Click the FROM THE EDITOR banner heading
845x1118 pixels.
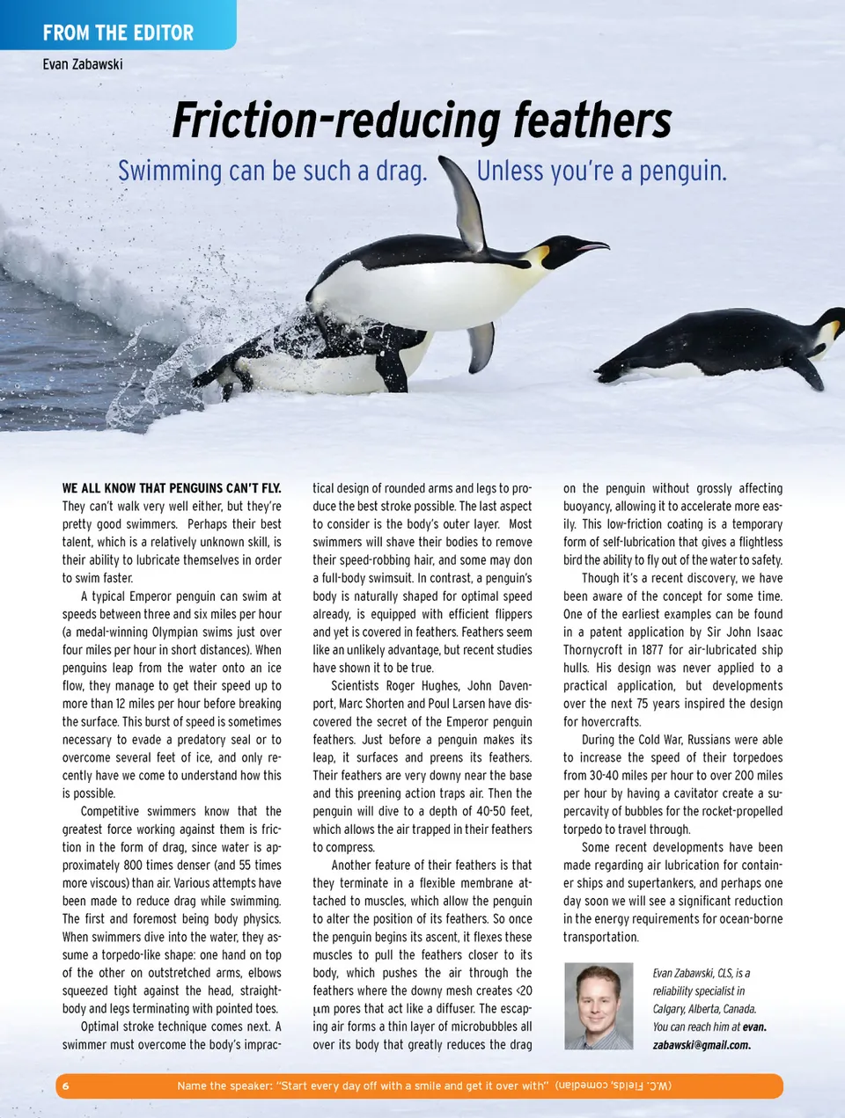tap(118, 33)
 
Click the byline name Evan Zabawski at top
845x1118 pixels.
tap(83, 64)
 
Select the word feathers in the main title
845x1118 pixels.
tap(592, 121)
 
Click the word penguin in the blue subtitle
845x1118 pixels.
tap(682, 171)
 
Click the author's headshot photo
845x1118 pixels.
tap(599, 1005)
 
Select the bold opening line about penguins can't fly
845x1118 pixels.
tap(172, 488)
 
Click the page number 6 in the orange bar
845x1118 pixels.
tap(65, 1085)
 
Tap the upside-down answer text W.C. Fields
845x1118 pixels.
tap(614, 1085)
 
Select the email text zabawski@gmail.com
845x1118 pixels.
tap(702, 1045)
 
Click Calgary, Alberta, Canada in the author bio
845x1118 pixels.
tap(704, 1009)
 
